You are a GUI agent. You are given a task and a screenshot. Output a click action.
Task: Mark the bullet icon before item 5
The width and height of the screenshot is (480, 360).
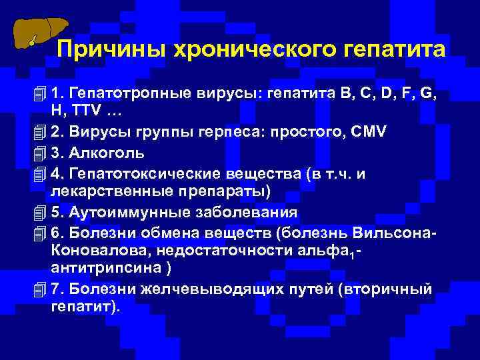40,213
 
